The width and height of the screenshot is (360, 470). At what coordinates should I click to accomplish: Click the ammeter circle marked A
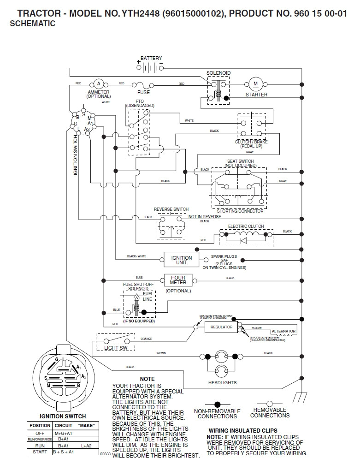[x=98, y=83]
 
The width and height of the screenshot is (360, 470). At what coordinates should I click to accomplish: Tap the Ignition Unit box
[x=182, y=260]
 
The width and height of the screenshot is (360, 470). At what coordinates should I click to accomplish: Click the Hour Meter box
[x=178, y=280]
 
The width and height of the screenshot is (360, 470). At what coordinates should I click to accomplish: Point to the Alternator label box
[x=283, y=331]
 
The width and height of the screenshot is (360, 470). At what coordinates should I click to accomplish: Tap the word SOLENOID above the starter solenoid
[x=218, y=73]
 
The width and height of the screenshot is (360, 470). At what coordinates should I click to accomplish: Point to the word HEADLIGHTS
[x=222, y=382]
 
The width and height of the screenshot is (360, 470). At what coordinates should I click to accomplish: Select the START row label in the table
[x=40, y=452]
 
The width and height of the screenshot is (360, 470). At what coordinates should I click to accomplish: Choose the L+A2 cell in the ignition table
[x=86, y=446]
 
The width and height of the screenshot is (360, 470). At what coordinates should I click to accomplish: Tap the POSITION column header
[x=40, y=425]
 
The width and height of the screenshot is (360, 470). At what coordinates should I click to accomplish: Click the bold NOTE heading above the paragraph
[x=147, y=379]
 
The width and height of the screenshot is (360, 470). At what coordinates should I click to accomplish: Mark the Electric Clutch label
[x=246, y=226]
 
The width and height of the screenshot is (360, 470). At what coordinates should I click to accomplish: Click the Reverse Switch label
[x=171, y=209]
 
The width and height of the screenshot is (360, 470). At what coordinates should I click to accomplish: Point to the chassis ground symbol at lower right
[x=301, y=396]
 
